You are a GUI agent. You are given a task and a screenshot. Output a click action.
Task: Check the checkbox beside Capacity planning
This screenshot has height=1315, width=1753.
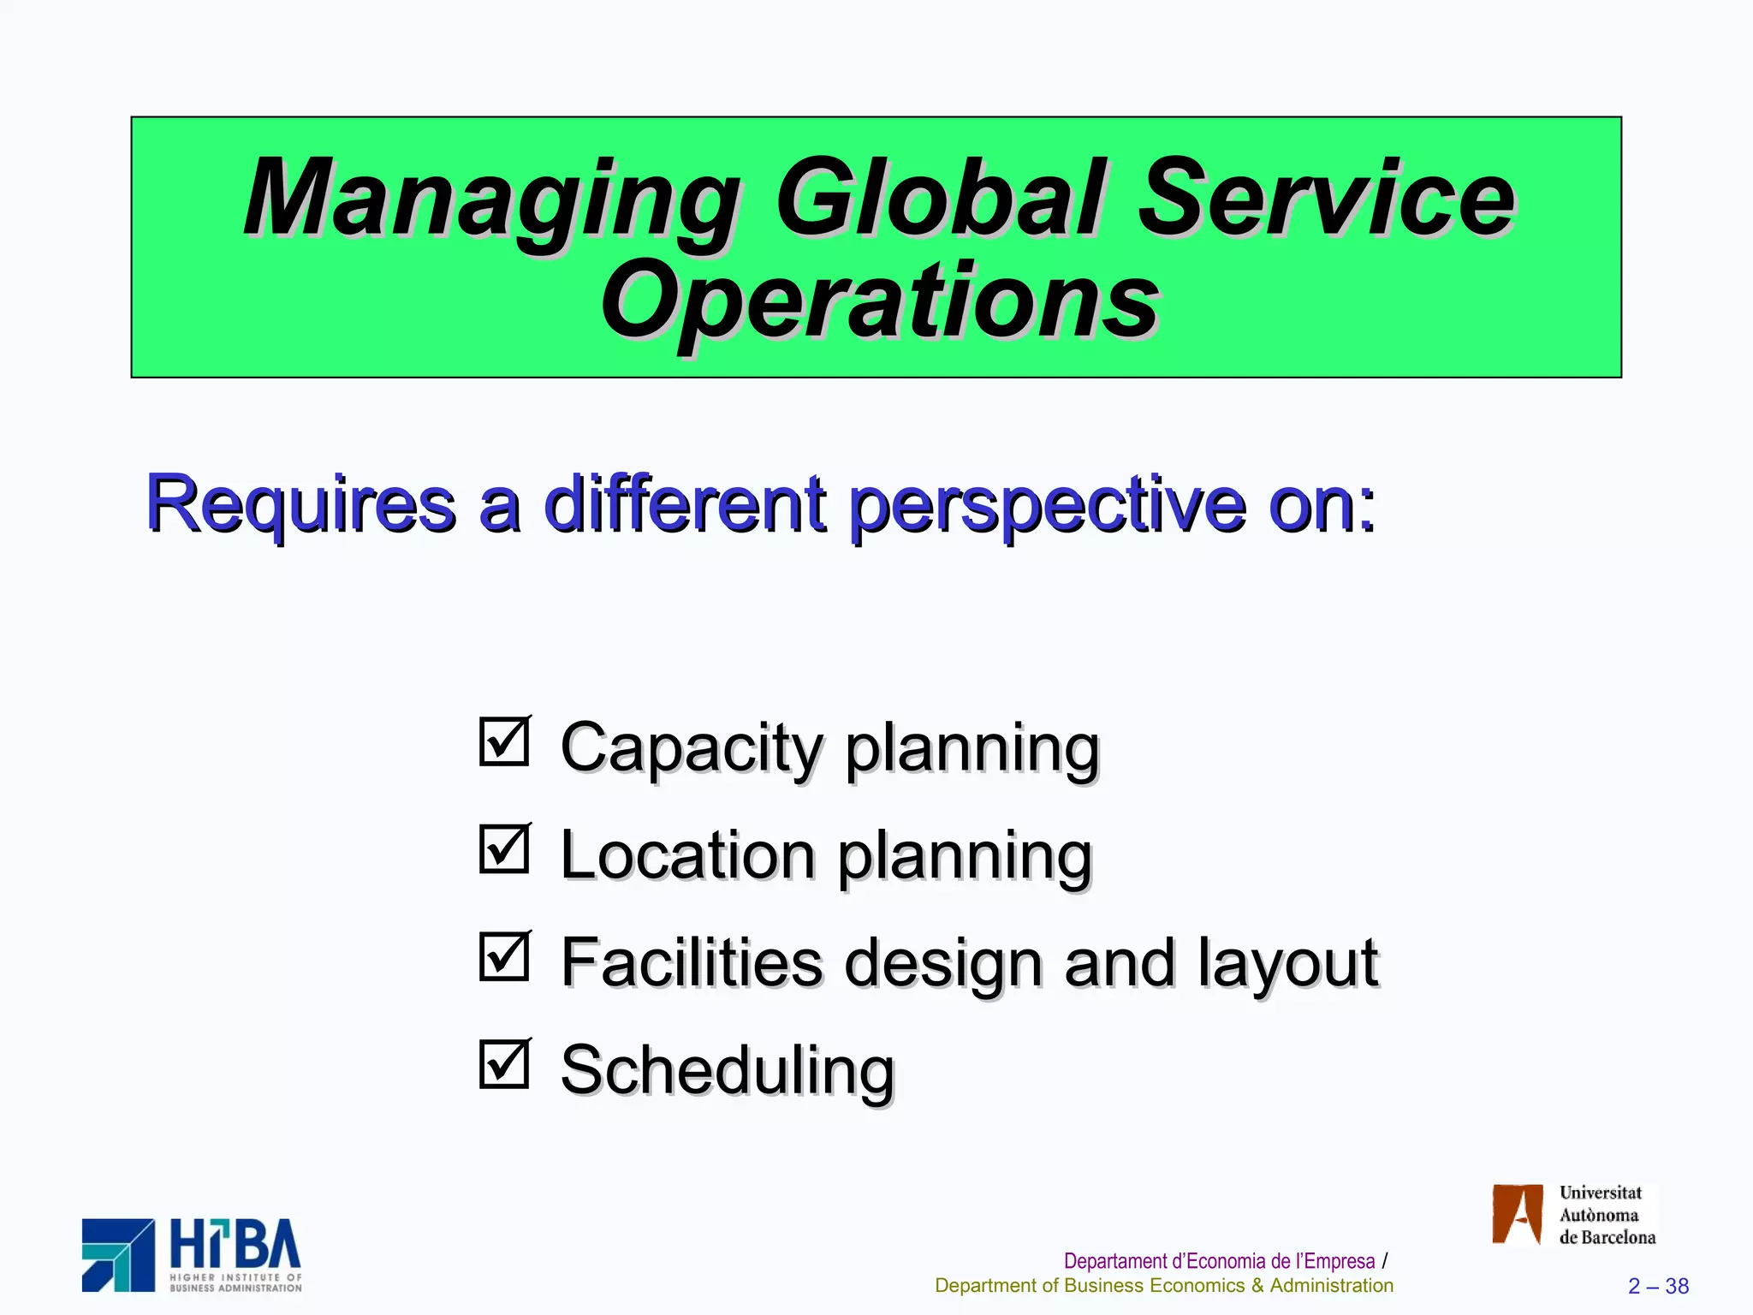pos(504,741)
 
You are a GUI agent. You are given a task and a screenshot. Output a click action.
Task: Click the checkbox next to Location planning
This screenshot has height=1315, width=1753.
pos(504,849)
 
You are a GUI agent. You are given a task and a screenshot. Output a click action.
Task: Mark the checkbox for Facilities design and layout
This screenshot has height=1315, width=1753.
pos(504,956)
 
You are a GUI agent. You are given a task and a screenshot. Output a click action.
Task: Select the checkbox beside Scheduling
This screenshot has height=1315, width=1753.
pos(504,1064)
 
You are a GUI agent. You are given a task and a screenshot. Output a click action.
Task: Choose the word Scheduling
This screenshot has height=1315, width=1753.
pos(727,1071)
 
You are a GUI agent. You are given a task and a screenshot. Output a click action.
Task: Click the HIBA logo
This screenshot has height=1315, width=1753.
pos(192,1255)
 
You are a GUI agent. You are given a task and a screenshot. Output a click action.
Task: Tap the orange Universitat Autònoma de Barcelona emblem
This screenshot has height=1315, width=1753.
pos(1517,1214)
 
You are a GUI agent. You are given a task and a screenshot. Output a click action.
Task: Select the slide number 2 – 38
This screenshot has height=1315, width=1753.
pos(1658,1286)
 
